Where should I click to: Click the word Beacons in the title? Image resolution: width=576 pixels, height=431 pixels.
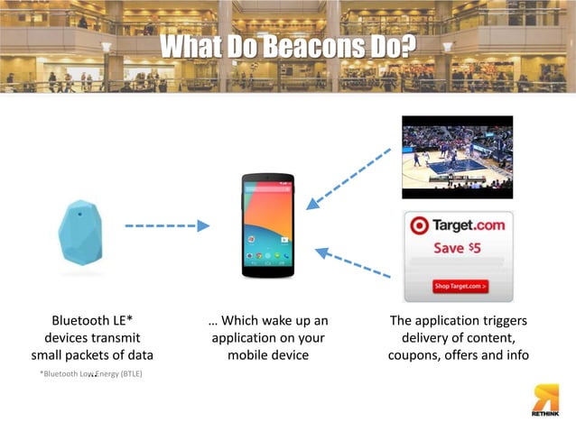tap(317, 45)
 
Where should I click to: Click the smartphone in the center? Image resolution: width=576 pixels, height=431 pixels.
tap(267, 225)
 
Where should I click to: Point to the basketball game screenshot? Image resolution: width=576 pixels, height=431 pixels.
tap(457, 157)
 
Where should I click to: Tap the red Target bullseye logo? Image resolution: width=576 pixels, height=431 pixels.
tap(419, 226)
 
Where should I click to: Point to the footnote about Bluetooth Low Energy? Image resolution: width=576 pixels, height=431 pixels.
tap(90, 372)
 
